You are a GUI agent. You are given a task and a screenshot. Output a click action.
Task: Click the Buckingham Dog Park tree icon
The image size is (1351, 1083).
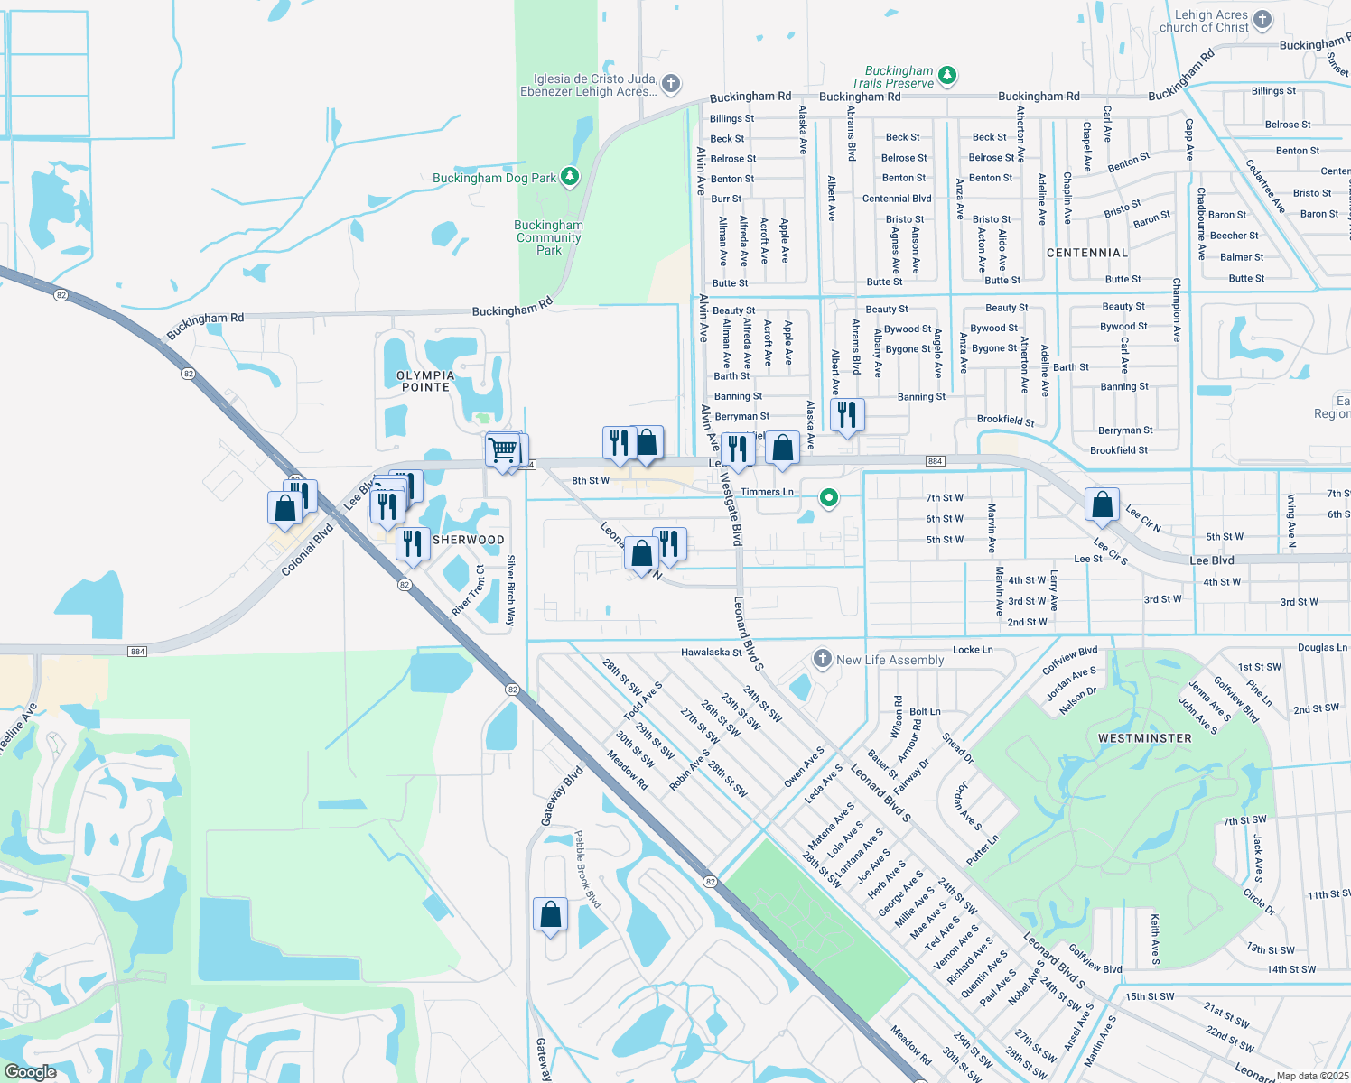click(569, 176)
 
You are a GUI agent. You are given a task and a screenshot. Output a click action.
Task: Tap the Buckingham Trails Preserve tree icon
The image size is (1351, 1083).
click(946, 75)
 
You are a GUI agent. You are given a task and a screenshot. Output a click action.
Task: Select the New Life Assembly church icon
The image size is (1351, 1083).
click(822, 658)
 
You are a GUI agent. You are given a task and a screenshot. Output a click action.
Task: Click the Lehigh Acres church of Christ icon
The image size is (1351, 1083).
click(1262, 20)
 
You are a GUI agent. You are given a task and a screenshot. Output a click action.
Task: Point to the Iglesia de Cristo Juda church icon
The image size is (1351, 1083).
click(670, 84)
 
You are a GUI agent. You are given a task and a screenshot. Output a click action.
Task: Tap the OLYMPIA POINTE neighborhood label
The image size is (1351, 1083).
click(425, 381)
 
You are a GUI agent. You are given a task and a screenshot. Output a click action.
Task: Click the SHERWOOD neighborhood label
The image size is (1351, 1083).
click(468, 540)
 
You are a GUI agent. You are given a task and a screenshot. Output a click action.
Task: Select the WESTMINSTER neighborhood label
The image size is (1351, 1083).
click(1144, 738)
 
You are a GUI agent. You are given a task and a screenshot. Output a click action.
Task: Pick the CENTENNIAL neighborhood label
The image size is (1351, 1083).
click(1086, 253)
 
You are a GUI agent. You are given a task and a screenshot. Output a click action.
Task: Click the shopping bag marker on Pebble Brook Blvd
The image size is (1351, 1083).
click(550, 916)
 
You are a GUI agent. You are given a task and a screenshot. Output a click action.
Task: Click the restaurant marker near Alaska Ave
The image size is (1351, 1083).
click(846, 415)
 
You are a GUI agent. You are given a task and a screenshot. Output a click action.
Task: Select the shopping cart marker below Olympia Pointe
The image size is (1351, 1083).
click(503, 449)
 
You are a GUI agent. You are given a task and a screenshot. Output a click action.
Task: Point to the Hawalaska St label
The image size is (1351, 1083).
click(711, 652)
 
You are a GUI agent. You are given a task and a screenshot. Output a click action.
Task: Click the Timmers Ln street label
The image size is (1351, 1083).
click(767, 492)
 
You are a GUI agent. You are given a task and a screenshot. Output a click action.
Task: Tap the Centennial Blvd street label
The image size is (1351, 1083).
click(896, 199)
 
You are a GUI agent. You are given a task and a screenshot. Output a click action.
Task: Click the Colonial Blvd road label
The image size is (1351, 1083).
click(307, 550)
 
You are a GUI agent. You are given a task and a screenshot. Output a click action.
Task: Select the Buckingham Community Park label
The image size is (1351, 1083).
click(549, 237)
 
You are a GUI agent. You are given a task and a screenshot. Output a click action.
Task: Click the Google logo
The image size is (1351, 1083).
click(30, 1072)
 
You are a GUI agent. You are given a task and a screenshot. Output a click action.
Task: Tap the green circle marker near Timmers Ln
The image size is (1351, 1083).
click(828, 497)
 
